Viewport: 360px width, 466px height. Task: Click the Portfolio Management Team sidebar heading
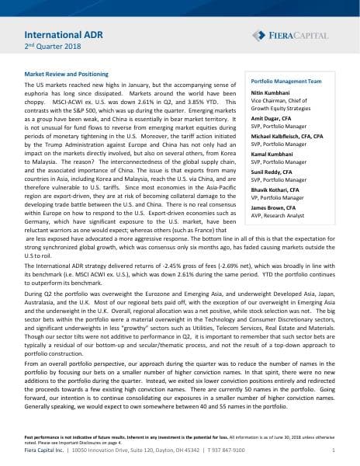pyautogui.click(x=284, y=81)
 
